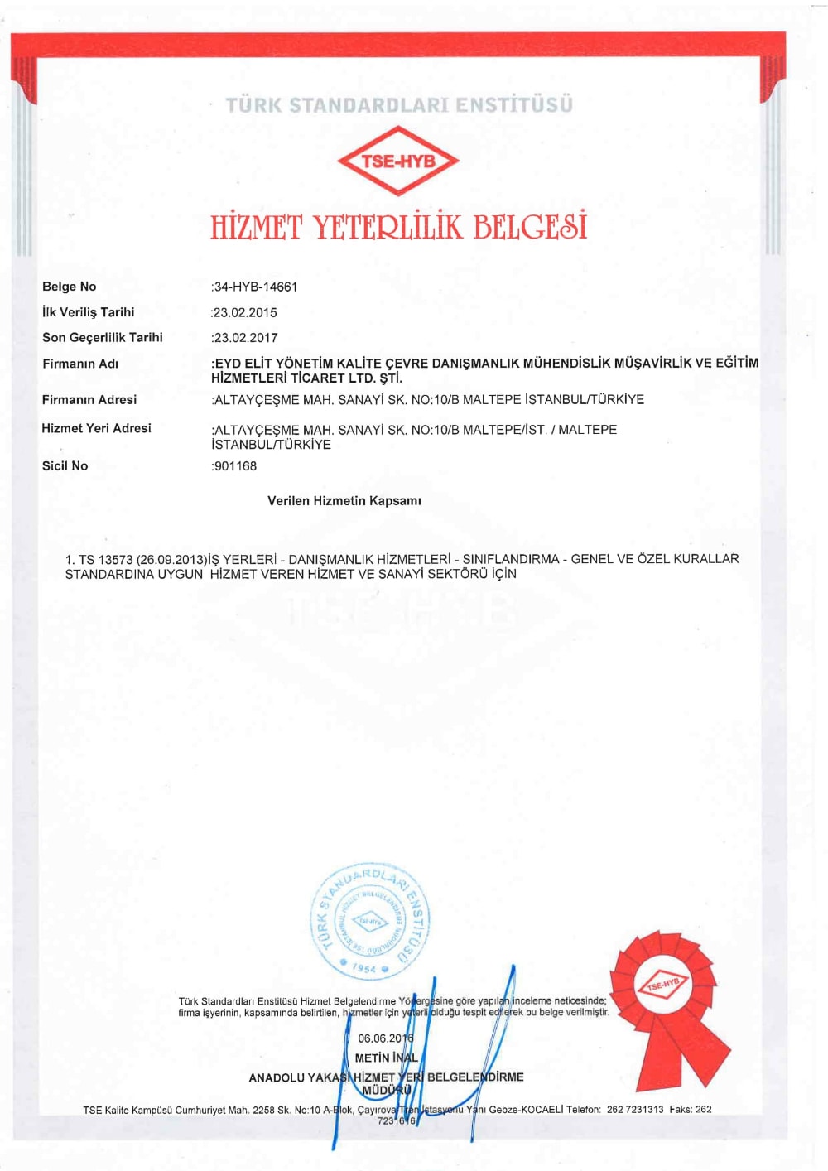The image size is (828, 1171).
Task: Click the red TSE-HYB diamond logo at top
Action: (398, 161)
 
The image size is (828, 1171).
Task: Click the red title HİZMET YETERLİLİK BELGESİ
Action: (398, 227)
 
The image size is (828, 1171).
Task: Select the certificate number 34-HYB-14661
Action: (256, 287)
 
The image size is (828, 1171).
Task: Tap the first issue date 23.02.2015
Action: (245, 313)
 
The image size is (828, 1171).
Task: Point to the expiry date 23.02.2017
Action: (245, 338)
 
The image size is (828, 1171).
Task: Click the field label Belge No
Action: (70, 287)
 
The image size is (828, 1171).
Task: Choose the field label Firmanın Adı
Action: (80, 364)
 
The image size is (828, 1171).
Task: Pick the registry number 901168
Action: (235, 466)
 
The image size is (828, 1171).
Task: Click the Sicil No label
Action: (65, 466)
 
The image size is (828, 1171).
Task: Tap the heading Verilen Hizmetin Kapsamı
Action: (344, 501)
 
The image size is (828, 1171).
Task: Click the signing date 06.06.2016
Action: (386, 1038)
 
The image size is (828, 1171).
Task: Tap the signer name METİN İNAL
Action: (387, 1058)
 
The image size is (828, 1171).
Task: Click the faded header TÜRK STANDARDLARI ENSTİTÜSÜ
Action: (399, 105)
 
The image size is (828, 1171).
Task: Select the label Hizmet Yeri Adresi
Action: (97, 428)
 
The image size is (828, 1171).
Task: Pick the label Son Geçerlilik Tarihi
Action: (103, 338)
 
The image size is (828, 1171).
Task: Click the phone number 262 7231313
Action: (635, 1110)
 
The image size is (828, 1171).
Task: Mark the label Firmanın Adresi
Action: (89, 400)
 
